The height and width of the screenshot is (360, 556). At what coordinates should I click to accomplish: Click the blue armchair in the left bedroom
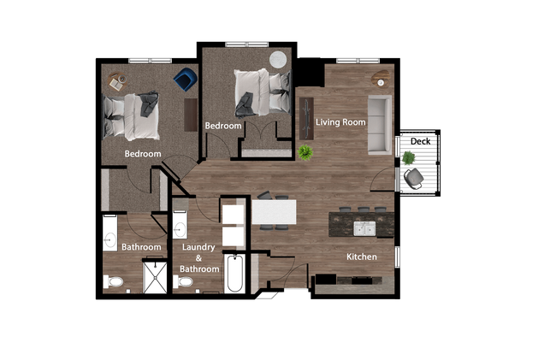point(184,80)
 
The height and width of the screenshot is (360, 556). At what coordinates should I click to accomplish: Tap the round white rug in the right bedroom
point(279,60)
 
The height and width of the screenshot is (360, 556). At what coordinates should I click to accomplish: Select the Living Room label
point(340,122)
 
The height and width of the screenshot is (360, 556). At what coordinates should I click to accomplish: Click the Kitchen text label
point(360,257)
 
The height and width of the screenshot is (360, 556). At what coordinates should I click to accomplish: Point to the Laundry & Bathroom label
point(198,257)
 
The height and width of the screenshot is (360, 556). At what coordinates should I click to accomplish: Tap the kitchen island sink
point(364,228)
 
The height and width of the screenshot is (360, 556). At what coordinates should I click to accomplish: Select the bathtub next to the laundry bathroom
point(235,274)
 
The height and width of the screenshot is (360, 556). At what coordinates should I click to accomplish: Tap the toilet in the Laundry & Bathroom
point(183,280)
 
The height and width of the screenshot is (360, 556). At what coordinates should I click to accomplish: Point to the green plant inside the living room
point(305,152)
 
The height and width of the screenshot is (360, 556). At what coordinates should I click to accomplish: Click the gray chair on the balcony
point(414,177)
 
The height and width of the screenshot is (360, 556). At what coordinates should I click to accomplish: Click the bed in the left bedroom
point(132,117)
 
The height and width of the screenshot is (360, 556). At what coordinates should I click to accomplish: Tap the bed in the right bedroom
point(260,90)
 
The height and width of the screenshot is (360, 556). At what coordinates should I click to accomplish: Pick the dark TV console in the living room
point(306,115)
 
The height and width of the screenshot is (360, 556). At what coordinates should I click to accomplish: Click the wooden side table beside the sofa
point(379,80)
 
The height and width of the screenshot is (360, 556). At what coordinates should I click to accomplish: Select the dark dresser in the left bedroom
point(190,114)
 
